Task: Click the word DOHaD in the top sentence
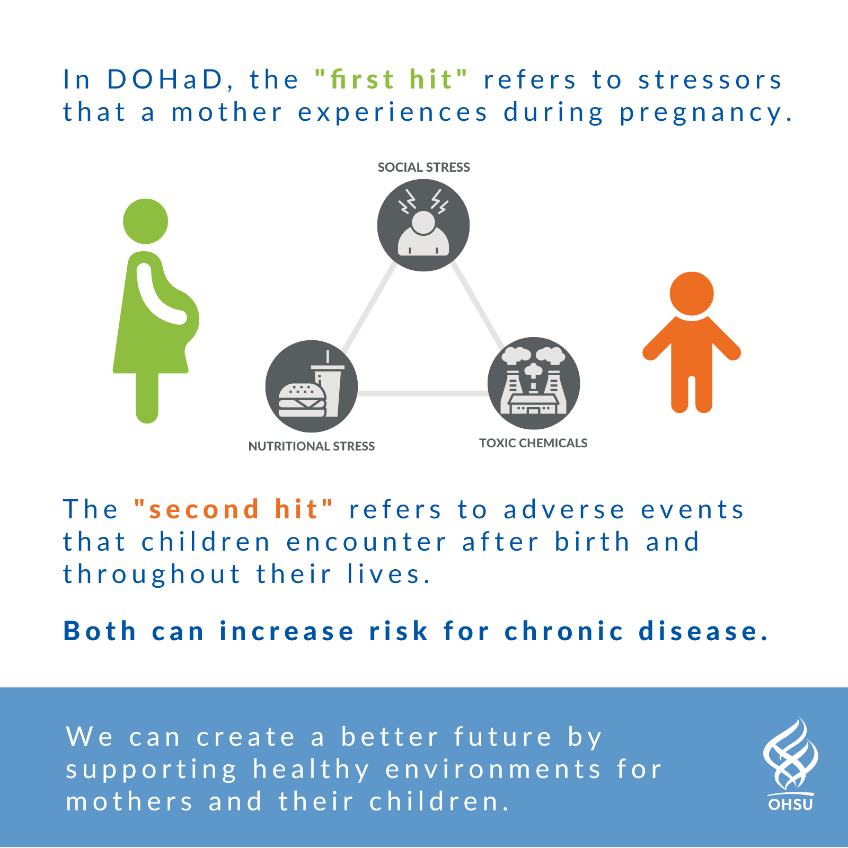coord(165,79)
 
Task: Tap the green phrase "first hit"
coord(391,79)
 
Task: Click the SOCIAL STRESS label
coord(423,167)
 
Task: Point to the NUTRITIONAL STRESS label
coord(312,446)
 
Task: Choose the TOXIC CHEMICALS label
coord(533,443)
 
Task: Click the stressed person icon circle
coord(423,225)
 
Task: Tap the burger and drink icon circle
coord(312,386)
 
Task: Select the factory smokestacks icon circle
coord(534,383)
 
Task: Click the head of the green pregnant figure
coord(146,222)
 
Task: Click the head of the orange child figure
coord(692,294)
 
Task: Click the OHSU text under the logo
coord(791,804)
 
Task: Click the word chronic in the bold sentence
coord(564,631)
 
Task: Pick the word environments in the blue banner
coord(493,769)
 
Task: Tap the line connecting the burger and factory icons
coord(422,393)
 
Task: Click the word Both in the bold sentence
coord(100,631)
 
